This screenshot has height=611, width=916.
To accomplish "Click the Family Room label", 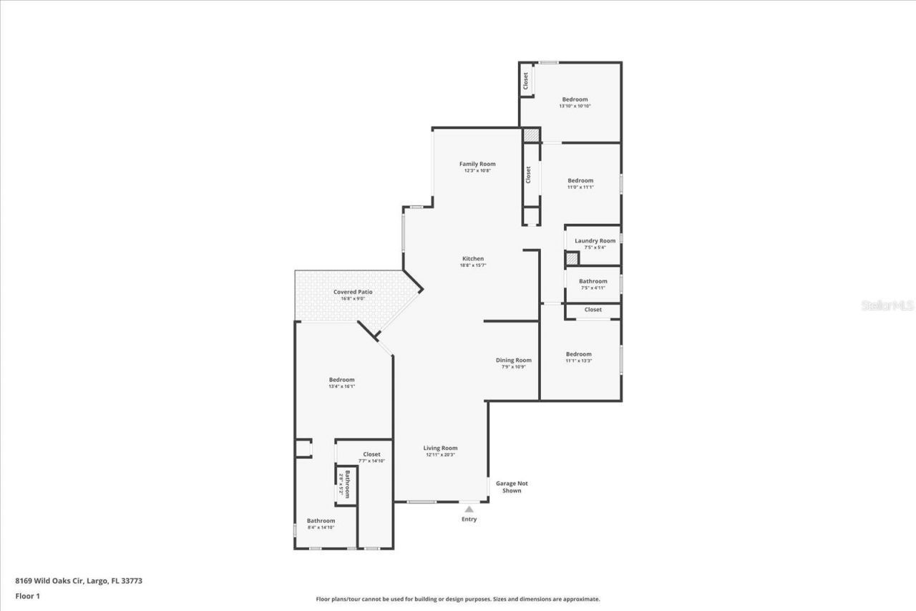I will (477, 164).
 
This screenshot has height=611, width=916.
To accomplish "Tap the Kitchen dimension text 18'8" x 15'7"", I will (472, 265).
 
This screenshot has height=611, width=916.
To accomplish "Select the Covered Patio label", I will (353, 292).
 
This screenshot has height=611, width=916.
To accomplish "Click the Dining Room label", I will (514, 360).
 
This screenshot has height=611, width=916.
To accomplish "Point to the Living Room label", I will (440, 448).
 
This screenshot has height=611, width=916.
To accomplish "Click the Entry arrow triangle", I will (469, 509).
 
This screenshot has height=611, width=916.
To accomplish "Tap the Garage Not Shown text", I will (512, 487).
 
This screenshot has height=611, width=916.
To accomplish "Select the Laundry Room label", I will (595, 241).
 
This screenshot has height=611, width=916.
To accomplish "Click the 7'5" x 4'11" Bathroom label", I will (593, 281).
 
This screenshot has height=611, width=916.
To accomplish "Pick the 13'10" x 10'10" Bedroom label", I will (575, 99).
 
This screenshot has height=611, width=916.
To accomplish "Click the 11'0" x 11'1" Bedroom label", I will (580, 180).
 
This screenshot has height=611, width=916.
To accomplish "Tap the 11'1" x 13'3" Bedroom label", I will (578, 354).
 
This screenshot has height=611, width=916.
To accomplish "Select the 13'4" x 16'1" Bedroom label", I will (341, 380).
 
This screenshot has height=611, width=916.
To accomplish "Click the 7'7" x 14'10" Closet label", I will (371, 454).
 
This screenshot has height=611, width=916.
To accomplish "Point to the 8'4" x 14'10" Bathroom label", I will (321, 521).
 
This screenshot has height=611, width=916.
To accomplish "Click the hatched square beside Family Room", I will (530, 135).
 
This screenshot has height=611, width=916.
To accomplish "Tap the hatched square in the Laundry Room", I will (572, 259).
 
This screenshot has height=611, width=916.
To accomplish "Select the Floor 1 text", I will (27, 595).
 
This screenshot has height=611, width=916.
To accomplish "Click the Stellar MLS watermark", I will (887, 305).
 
